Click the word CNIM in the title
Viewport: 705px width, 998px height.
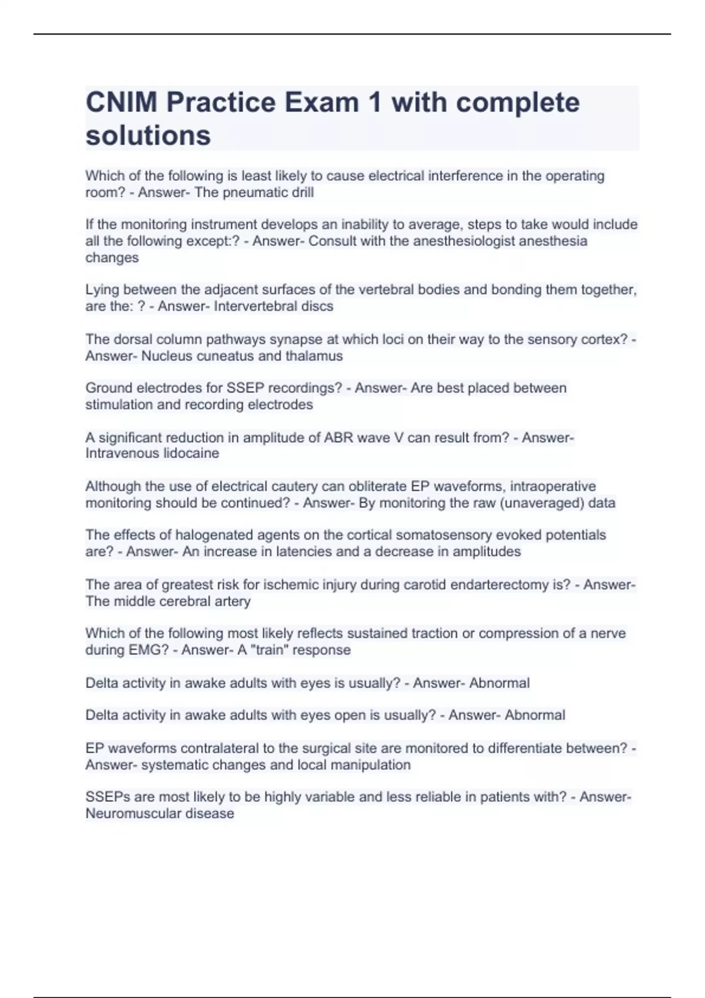point(122,103)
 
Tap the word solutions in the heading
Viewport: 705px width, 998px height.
point(148,136)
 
